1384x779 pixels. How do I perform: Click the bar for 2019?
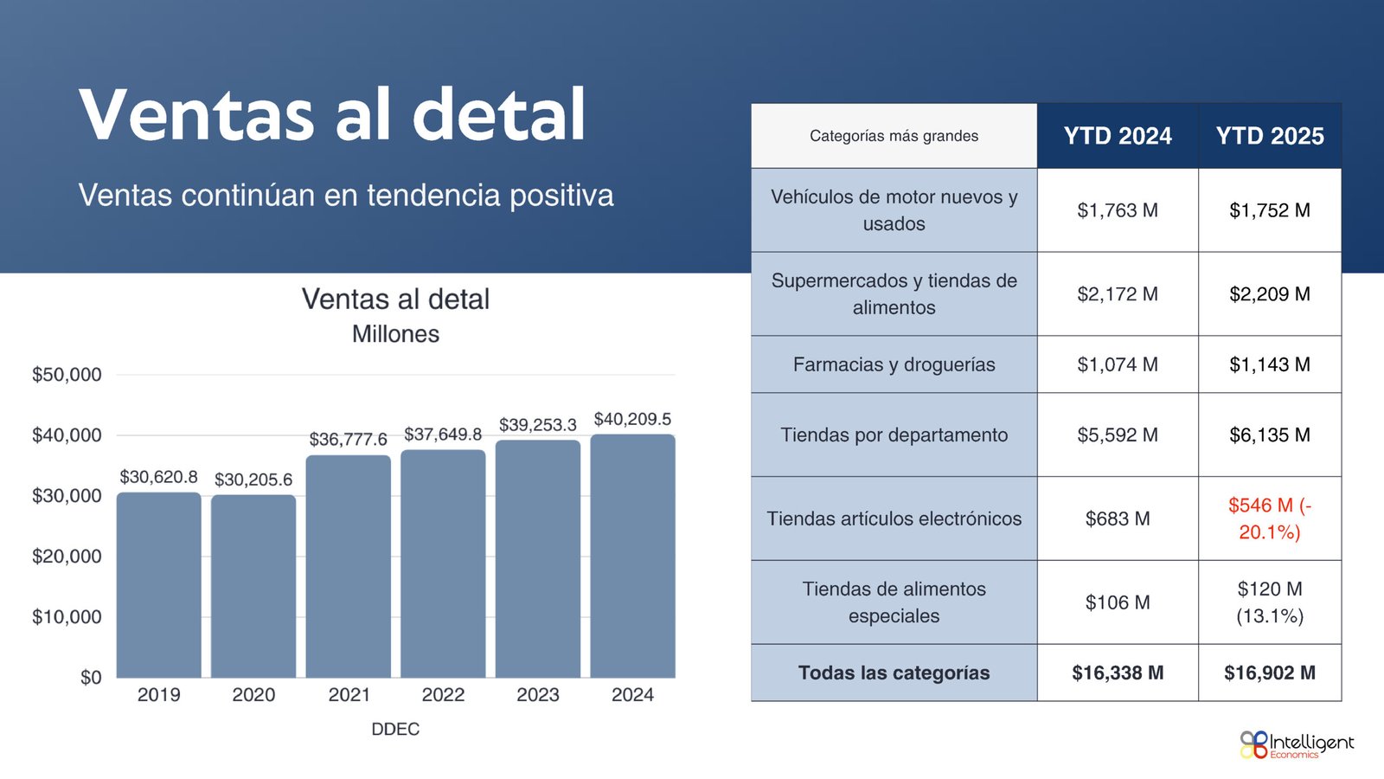[159, 585]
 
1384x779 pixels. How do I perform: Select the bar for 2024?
[632, 556]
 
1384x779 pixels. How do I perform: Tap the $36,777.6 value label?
[348, 440]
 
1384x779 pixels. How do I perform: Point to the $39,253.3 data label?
[537, 425]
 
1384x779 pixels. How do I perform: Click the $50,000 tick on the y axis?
[67, 375]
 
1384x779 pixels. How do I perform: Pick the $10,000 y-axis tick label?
[67, 617]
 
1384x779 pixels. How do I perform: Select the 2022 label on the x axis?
[443, 695]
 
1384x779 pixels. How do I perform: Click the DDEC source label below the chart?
[395, 730]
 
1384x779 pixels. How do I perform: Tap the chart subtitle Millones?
[395, 334]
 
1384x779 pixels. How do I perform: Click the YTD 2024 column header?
[1118, 136]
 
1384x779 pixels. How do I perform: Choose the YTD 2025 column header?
[1270, 136]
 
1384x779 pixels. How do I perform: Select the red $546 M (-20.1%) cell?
[1270, 518]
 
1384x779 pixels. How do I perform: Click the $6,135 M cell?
[1270, 435]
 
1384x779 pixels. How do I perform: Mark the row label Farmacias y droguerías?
[894, 364]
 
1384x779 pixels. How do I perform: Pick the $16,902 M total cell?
[1270, 673]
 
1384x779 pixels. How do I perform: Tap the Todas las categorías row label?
[894, 673]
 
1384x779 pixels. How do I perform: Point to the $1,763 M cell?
[1118, 211]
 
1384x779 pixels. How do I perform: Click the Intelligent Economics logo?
[1297, 745]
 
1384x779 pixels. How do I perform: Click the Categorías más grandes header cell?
[894, 136]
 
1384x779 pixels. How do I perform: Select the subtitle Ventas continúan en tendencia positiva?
[346, 196]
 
